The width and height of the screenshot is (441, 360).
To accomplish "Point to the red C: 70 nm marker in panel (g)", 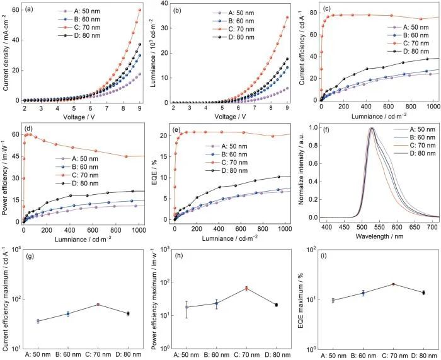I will tap(98, 305).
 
